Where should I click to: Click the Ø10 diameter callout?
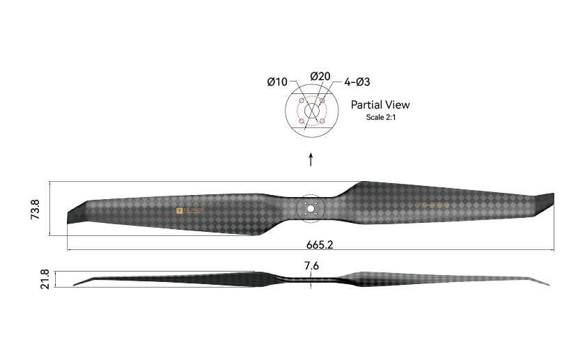click(x=277, y=82)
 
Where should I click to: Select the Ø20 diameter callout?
click(x=320, y=76)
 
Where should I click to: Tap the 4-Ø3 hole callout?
click(x=357, y=82)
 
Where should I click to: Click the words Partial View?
click(x=380, y=105)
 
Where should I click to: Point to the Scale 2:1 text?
click(x=380, y=117)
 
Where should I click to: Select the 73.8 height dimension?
click(x=36, y=209)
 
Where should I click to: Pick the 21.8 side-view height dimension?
click(x=45, y=279)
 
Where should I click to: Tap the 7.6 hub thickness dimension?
click(x=311, y=265)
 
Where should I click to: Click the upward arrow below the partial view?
click(x=311, y=159)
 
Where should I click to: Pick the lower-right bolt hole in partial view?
click(x=322, y=123)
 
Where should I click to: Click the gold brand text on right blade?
click(x=435, y=205)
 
